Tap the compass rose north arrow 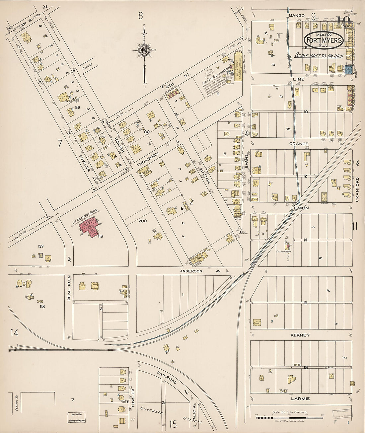point(144,50)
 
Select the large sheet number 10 point(344,22)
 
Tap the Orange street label point(299,144)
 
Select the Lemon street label point(300,208)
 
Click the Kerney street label point(300,335)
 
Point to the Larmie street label point(301,398)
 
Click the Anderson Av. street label point(200,271)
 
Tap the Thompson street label point(148,159)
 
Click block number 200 point(143,221)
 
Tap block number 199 point(41,246)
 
